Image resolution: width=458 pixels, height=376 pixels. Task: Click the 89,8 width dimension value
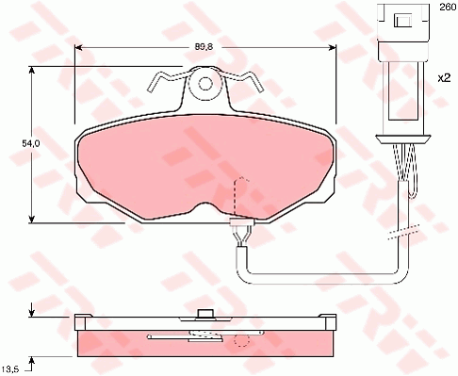click(204, 47)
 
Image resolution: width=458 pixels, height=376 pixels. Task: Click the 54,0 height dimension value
click(31, 143)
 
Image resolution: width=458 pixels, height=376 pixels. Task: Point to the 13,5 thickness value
click(10, 368)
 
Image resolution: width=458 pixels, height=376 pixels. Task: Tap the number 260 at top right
click(448, 7)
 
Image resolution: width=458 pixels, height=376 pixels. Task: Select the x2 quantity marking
click(444, 77)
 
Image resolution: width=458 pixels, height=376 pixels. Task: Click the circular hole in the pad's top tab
click(205, 84)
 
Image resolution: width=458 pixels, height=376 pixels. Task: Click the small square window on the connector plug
click(403, 21)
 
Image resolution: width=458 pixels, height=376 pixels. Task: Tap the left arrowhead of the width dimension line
click(78, 47)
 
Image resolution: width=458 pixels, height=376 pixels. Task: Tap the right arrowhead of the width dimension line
click(333, 47)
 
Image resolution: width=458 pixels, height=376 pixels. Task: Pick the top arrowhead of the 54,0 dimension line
click(31, 70)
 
